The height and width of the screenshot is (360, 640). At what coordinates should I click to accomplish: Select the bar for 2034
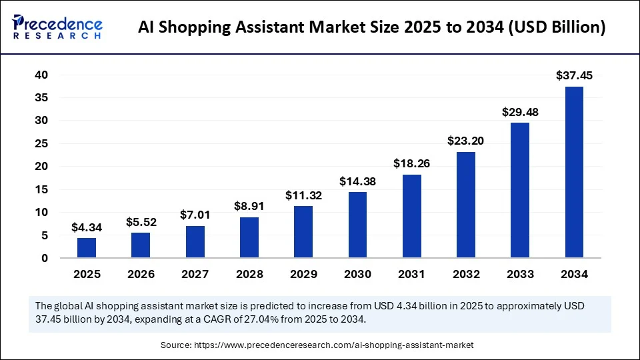coord(574,172)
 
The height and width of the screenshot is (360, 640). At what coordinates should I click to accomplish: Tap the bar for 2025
coord(87,247)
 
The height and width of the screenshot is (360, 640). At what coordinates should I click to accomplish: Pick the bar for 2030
coord(357,225)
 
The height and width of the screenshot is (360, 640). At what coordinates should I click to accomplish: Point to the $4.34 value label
coord(87,228)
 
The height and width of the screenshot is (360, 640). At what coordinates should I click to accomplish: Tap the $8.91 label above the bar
coord(249,207)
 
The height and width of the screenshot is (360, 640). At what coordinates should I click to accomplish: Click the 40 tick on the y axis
coord(41,75)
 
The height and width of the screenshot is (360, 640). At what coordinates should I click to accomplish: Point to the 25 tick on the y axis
coord(41,144)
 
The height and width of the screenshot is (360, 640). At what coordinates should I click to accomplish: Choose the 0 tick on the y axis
coord(45,258)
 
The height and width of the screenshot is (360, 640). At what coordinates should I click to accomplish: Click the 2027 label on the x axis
coord(195,274)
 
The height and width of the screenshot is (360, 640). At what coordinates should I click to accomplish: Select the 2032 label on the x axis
coord(465,274)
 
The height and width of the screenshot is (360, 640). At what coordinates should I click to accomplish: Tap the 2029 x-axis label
coord(303,274)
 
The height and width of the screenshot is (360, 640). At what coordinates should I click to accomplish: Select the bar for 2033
coord(520,190)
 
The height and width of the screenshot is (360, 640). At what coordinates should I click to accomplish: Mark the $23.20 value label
coord(465,141)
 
